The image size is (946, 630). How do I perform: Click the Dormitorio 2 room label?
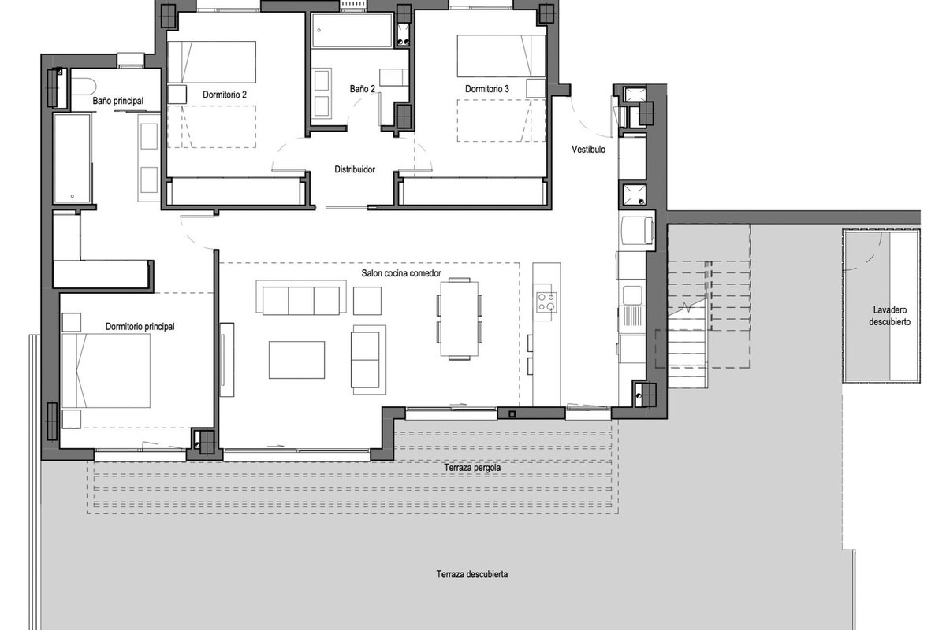(x=224, y=94)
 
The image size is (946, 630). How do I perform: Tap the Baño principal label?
(x=117, y=101)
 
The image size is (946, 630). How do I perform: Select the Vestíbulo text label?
(x=588, y=150)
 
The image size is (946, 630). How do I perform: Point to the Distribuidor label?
(x=354, y=169)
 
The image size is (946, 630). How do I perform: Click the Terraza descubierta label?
(x=471, y=574)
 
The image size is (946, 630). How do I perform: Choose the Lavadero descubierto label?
(x=889, y=316)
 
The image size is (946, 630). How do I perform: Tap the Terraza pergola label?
(x=472, y=468)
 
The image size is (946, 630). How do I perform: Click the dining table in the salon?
(x=459, y=319)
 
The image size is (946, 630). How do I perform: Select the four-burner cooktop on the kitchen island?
(x=546, y=302)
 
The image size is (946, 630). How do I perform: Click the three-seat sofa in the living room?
(x=300, y=297)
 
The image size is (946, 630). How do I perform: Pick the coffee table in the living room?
(x=296, y=360)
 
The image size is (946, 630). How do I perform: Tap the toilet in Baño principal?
(x=84, y=87)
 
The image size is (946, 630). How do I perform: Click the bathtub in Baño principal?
(x=73, y=158)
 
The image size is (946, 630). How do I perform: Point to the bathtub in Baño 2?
(x=352, y=31)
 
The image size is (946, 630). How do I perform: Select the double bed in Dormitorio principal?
(x=106, y=371)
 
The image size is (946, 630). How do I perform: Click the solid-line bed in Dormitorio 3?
(x=501, y=56)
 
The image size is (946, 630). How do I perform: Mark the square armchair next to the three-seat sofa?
(x=367, y=301)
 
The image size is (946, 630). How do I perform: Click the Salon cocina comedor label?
(x=400, y=273)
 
